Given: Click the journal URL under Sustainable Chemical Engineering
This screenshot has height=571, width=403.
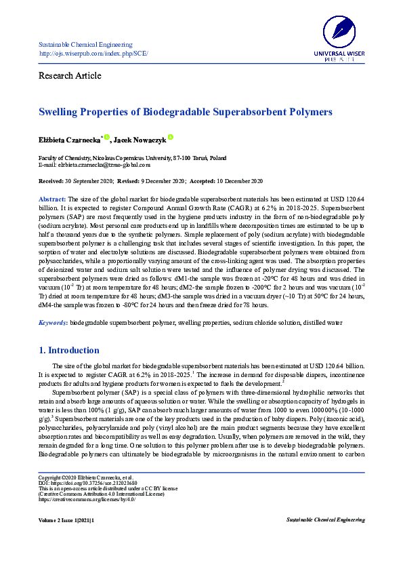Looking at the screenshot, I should (x=93, y=53).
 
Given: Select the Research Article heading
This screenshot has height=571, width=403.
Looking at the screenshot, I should (x=70, y=75).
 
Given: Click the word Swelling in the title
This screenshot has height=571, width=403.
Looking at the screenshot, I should (x=62, y=111).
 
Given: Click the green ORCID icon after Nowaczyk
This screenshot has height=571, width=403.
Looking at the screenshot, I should (x=171, y=137).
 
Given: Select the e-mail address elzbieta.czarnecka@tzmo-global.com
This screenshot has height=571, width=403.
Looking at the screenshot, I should (x=95, y=165).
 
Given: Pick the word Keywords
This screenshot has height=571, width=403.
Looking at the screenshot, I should (x=51, y=323).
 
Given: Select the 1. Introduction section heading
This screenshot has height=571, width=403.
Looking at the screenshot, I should (x=69, y=351).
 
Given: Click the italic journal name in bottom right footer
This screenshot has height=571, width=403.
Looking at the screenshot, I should (x=326, y=519).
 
